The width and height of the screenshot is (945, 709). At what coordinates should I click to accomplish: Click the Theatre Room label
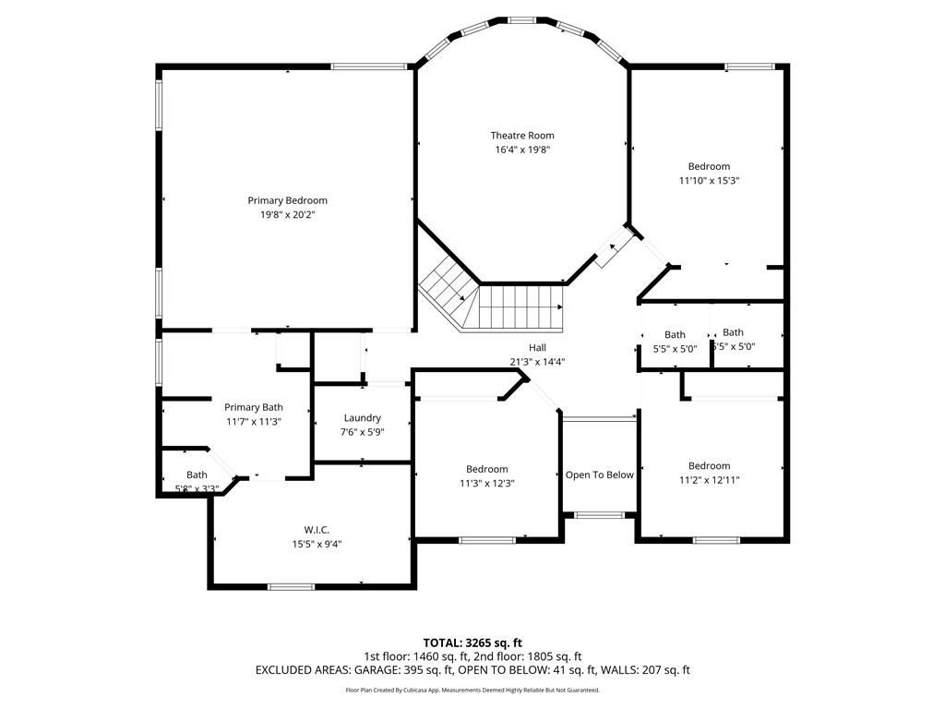(522, 136)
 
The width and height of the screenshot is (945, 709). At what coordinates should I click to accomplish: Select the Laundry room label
(362, 418)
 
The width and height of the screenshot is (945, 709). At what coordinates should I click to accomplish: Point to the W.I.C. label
(317, 530)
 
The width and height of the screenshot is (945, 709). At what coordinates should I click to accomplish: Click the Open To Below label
(600, 475)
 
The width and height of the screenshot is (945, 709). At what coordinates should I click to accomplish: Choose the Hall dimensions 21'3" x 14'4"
(537, 362)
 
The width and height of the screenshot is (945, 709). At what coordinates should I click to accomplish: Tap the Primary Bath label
(254, 407)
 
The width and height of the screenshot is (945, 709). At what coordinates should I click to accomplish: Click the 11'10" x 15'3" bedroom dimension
(709, 181)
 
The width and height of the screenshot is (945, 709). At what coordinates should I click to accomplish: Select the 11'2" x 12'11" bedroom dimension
(709, 480)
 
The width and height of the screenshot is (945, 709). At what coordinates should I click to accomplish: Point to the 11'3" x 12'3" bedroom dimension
(486, 483)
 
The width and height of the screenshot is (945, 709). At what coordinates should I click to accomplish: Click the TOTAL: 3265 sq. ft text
(472, 643)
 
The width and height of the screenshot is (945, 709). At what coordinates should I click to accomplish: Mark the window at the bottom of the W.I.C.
(291, 586)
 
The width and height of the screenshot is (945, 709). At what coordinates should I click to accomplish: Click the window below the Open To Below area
(599, 514)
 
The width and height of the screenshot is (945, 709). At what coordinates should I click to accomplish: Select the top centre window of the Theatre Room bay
(522, 19)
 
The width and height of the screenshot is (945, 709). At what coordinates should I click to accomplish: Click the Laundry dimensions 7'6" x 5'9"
(362, 432)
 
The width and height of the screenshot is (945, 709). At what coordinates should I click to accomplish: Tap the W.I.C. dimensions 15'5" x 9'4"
(317, 544)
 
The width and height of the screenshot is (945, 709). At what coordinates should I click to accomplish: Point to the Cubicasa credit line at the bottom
(472, 690)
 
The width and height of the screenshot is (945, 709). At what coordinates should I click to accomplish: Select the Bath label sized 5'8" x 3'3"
(197, 475)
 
